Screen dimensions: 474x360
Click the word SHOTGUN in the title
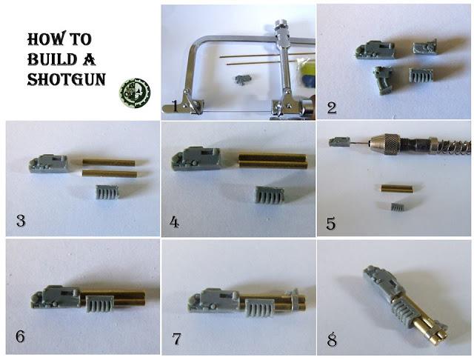tap(66, 79)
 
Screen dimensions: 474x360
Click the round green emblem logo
tap(135, 93)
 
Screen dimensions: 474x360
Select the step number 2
tap(332, 108)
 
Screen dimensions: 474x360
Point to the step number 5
tap(331, 224)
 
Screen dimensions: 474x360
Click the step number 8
tap(332, 339)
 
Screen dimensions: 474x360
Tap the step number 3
tap(21, 220)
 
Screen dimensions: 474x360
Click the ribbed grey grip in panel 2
tap(421, 75)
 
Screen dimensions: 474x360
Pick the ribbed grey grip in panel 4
tap(270, 194)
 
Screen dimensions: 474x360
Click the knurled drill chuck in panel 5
tap(385, 144)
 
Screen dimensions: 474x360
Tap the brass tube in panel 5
tap(397, 188)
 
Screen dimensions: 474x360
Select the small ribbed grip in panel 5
tap(398, 207)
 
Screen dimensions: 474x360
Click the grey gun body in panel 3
tap(48, 164)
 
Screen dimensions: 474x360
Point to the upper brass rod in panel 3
tap(109, 163)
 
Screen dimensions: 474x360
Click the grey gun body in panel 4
tap(196, 159)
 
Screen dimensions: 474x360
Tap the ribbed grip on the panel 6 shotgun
tap(100, 304)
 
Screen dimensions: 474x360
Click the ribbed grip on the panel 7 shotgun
tap(260, 307)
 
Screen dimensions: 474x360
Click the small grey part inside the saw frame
tap(244, 80)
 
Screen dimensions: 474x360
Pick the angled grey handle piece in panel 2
tap(384, 80)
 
